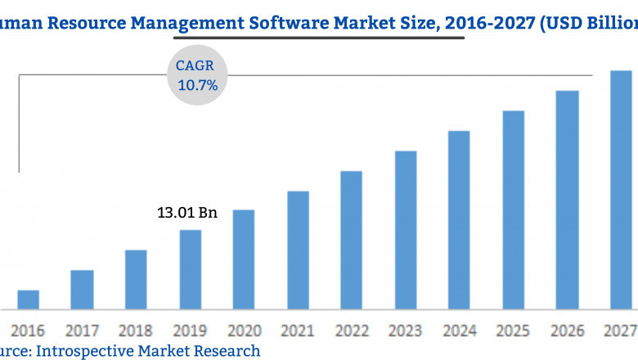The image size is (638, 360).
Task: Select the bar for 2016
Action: coord(29,299)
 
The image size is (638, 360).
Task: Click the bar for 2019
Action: coord(191,269)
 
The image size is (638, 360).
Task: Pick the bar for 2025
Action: coord(513,209)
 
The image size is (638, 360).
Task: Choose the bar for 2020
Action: coord(244,259)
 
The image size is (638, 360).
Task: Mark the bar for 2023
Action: coord(406,230)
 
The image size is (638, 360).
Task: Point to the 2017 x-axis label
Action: coord(82,331)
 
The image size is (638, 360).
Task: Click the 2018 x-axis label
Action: coord(136,331)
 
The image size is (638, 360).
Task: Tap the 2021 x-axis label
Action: coord(298,331)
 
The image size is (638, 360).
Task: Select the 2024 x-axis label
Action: coord(459,331)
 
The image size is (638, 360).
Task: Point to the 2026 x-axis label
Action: coord(567,331)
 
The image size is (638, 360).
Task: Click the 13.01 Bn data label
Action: coord(187,214)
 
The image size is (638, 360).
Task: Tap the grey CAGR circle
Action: coord(197,75)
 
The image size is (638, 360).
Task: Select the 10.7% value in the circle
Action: coord(198,84)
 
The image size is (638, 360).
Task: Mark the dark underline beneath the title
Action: coord(319,37)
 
